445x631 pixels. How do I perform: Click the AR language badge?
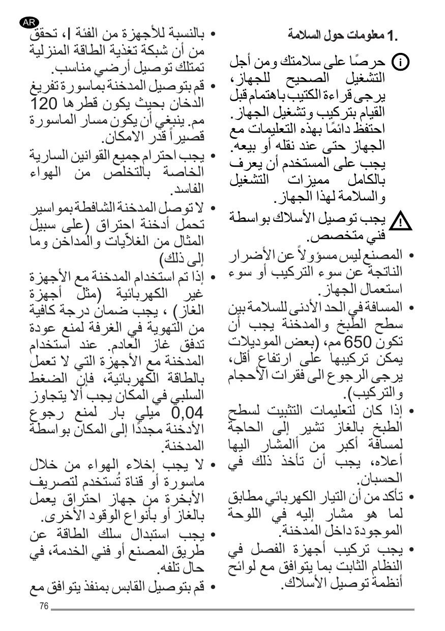click(28, 22)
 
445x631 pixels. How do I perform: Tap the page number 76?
click(43, 607)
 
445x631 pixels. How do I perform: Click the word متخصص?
click(333, 237)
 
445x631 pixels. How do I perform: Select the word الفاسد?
click(188, 189)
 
